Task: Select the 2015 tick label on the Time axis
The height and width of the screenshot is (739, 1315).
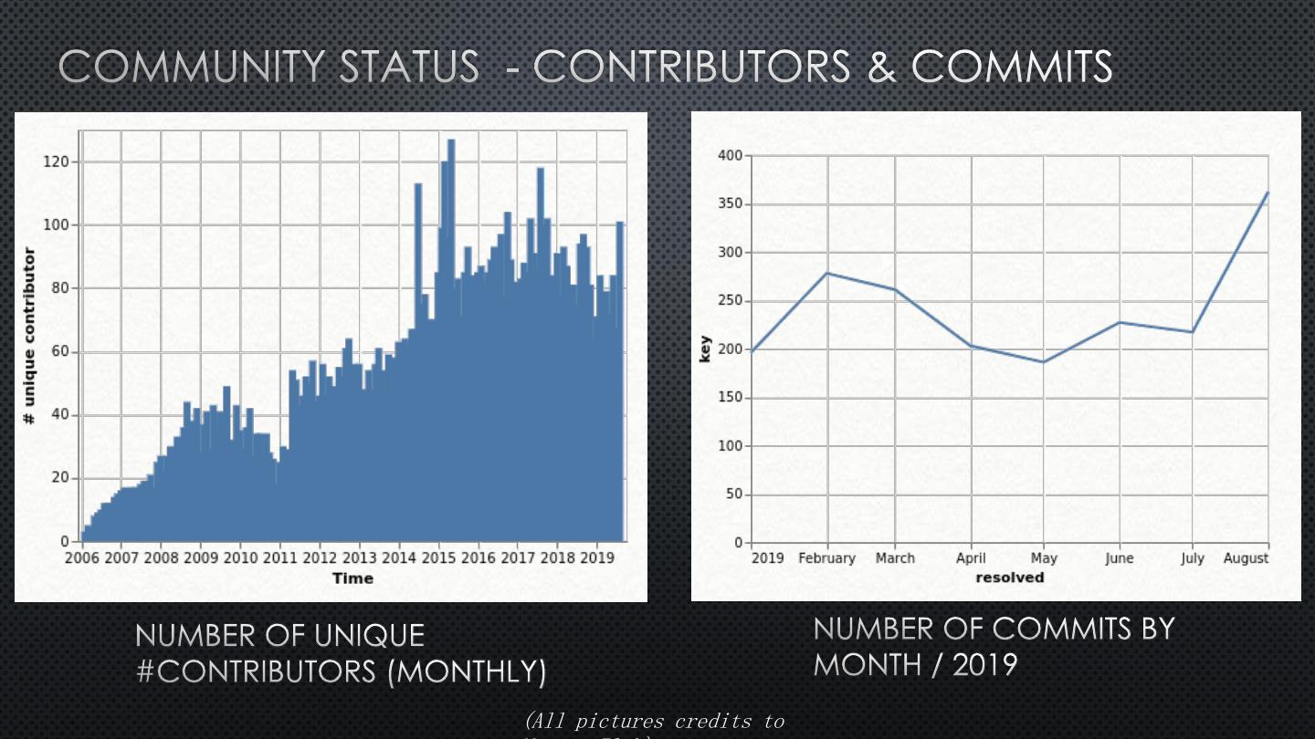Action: (x=439, y=557)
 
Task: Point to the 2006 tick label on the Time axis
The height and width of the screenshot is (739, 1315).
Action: (x=82, y=557)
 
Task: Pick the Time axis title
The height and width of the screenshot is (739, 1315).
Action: (x=352, y=578)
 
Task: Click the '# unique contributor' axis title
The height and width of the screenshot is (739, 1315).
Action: (x=30, y=336)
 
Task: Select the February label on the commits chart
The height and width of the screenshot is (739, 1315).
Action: (x=826, y=558)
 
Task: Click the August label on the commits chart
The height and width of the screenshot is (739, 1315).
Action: (x=1246, y=558)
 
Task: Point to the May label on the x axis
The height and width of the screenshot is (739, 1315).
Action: (x=1044, y=558)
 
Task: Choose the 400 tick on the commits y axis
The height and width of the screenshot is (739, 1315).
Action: (x=731, y=156)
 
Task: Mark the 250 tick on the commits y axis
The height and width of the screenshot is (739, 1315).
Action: (x=731, y=301)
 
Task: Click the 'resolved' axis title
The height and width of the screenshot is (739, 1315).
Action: (x=1009, y=578)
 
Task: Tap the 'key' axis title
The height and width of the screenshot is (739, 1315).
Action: (x=704, y=349)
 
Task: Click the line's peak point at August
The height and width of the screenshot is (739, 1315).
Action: (x=1268, y=193)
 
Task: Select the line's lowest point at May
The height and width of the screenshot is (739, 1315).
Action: (x=1043, y=362)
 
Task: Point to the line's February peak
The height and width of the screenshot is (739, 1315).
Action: (x=827, y=273)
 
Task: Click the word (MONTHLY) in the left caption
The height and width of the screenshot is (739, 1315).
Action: (x=467, y=672)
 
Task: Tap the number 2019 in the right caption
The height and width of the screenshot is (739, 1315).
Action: (x=984, y=664)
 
